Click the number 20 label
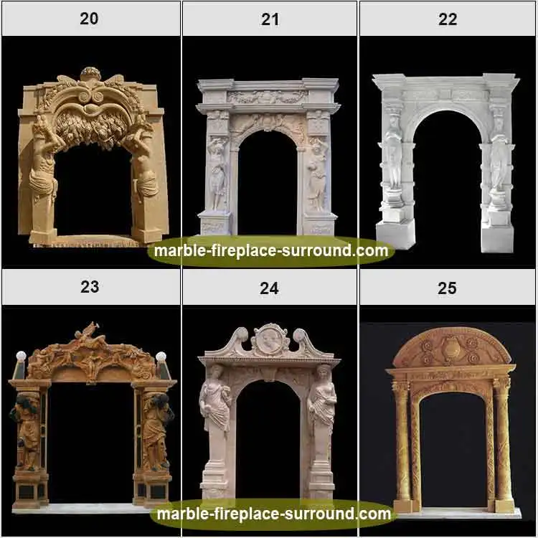[89, 19]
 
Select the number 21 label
[270, 19]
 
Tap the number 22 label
[448, 19]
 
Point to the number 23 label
[90, 287]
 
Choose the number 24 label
[269, 288]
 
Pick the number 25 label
[447, 288]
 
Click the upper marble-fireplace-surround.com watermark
[271, 251]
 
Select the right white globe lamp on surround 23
[161, 357]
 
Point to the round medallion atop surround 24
[270, 339]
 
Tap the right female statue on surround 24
[323, 398]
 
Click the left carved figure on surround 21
[217, 172]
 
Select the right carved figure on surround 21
[316, 172]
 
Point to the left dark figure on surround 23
[27, 430]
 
